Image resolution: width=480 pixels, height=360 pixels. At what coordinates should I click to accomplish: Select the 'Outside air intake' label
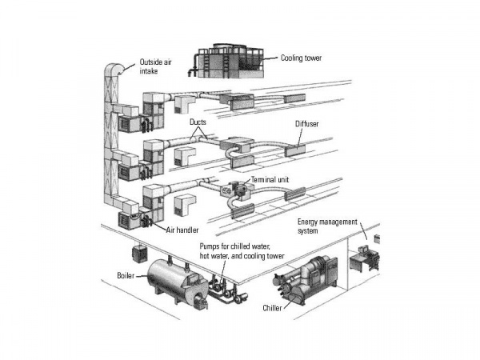tap(157, 66)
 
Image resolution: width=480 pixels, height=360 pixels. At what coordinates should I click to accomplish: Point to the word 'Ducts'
tap(200, 125)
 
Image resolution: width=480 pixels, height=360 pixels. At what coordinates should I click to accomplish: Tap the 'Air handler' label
tap(182, 230)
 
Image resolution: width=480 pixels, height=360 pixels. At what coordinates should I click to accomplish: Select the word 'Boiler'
tap(126, 275)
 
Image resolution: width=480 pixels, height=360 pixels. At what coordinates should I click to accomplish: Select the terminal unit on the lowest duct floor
tap(238, 192)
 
